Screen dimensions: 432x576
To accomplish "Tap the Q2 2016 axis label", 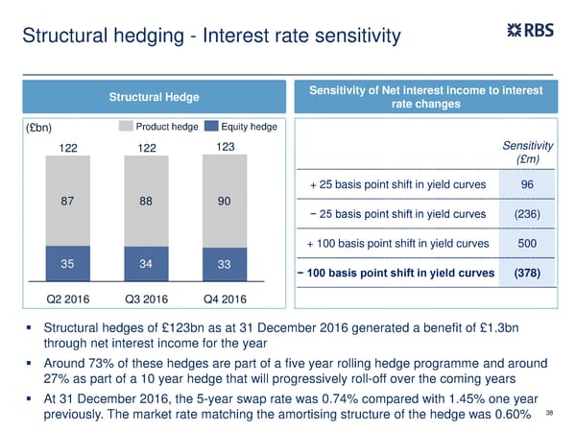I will (68, 297).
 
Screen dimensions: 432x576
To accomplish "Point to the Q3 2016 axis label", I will (147, 297).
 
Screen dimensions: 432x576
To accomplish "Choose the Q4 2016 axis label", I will (225, 297).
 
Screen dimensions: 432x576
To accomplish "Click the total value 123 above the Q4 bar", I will (225, 147).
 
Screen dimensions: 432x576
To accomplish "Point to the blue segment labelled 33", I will (225, 264).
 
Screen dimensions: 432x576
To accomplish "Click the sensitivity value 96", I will (527, 184).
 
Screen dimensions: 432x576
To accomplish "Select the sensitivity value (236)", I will (527, 213).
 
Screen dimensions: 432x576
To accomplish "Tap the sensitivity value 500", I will (527, 243).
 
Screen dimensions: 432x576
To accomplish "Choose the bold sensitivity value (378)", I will (527, 273).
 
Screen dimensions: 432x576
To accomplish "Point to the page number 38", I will (549, 414).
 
